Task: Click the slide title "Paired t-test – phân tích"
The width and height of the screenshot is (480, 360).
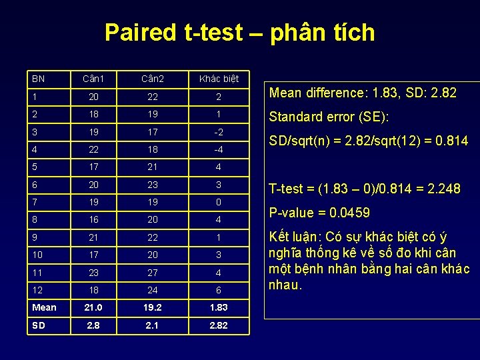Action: coord(240,32)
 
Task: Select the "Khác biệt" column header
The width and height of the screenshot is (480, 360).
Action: coord(219,79)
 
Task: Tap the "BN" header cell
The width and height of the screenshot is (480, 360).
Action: coord(39,79)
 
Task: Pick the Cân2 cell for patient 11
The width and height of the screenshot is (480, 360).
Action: coord(153,273)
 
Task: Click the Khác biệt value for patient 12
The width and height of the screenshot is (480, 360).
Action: coord(219,290)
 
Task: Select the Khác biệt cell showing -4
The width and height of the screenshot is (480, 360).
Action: coord(219,149)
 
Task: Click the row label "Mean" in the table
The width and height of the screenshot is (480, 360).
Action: coord(44,307)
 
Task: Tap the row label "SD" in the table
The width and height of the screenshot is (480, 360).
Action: coord(39,325)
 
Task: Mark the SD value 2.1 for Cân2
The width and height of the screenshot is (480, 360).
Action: coord(153,325)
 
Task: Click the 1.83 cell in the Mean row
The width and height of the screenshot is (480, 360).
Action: coord(219,307)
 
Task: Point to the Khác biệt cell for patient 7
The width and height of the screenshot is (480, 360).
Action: coord(219,202)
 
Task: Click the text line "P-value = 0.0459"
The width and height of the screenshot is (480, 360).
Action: coord(319,213)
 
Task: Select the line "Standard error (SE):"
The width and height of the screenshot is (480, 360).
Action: coord(328,117)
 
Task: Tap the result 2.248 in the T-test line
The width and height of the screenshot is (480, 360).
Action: coord(443,189)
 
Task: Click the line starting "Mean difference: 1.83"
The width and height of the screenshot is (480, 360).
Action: coord(363,93)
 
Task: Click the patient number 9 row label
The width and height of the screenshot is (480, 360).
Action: coord(34,237)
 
